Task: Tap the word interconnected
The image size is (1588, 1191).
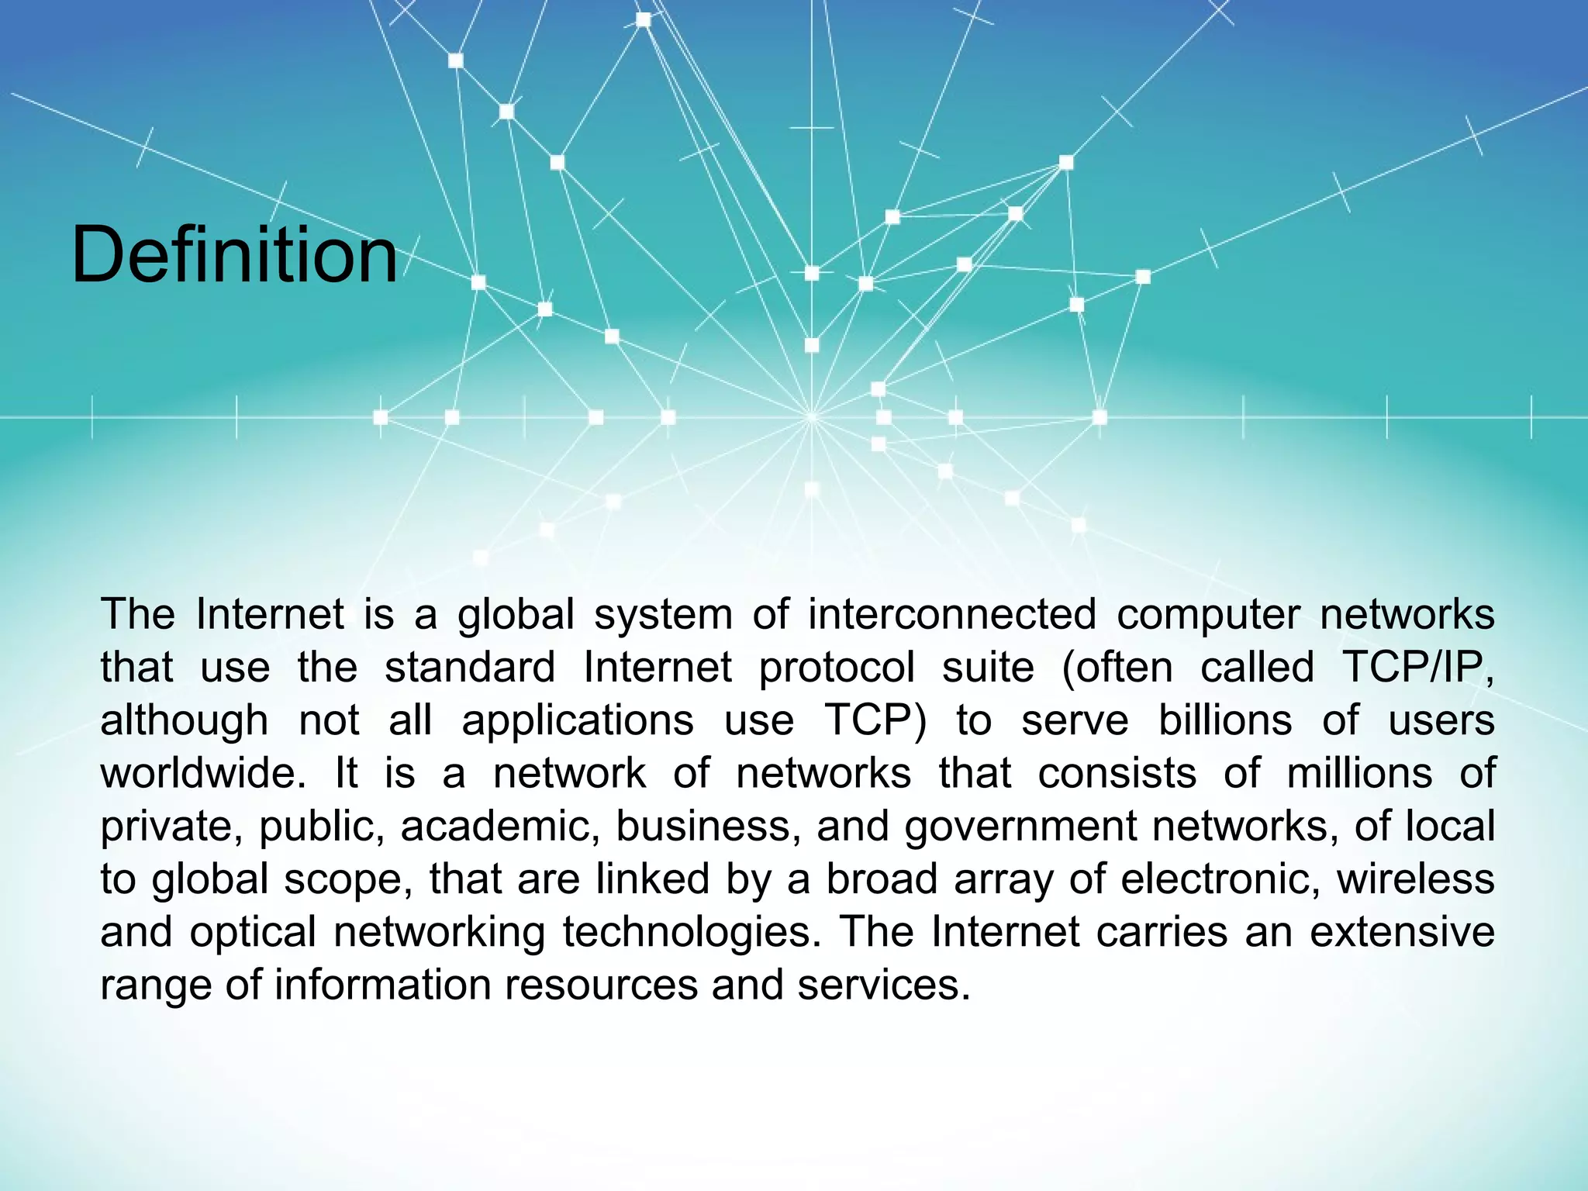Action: point(952,615)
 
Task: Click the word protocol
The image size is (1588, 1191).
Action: point(837,668)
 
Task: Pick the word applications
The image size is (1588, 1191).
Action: point(578,721)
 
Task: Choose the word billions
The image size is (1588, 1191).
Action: point(1225,720)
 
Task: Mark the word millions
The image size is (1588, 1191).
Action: point(1359,773)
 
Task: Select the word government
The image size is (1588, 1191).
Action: point(1021,827)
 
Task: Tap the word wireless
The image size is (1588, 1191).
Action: point(1415,879)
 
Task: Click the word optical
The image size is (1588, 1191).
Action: point(253,933)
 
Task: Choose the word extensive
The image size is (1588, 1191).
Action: point(1402,931)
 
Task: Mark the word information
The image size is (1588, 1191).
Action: point(382,985)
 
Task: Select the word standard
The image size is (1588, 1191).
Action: point(470,667)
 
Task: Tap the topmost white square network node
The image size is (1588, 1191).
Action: point(644,19)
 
